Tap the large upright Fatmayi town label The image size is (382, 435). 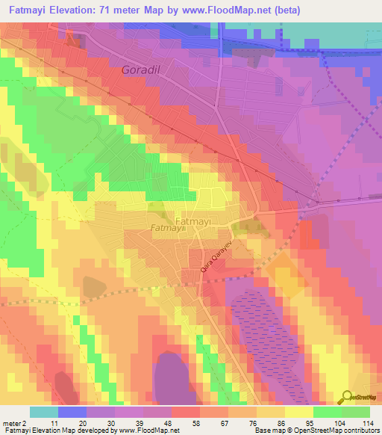[195, 221]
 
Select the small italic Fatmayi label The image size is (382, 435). [167, 229]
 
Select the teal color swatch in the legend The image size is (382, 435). [44, 412]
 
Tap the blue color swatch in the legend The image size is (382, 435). [72, 412]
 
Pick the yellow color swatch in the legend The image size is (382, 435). [298, 412]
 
